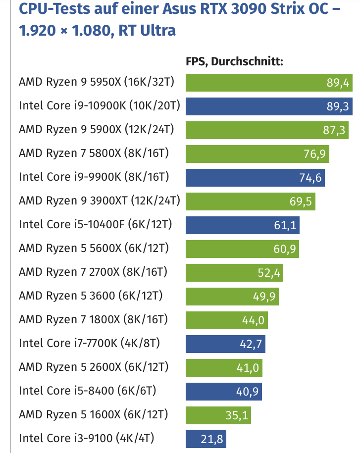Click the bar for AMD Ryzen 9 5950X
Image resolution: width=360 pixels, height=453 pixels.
coord(267,82)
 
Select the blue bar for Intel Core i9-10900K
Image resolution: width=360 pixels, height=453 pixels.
coord(267,105)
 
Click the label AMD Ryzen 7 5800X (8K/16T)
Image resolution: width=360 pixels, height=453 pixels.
coord(94,153)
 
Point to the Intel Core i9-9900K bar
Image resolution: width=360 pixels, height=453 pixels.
coord(255,177)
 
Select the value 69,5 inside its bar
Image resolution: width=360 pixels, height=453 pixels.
coord(300,201)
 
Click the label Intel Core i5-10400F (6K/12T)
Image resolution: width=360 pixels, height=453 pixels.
coord(96,224)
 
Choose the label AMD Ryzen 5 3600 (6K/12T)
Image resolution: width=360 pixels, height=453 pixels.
coord(91,296)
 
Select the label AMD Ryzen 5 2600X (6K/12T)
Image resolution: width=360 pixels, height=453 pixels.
coord(94,367)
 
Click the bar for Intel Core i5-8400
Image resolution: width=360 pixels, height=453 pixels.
coord(223,391)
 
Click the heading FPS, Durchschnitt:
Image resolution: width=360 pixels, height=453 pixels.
coord(234,61)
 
